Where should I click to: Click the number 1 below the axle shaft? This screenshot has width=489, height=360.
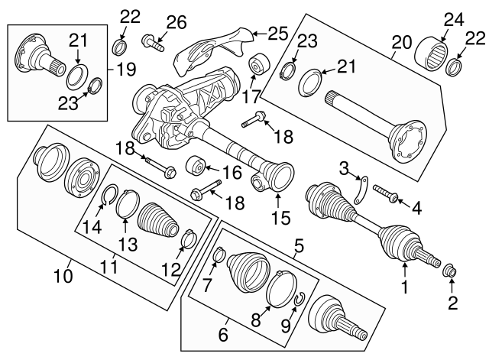405,289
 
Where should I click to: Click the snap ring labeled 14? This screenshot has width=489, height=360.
108,201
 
